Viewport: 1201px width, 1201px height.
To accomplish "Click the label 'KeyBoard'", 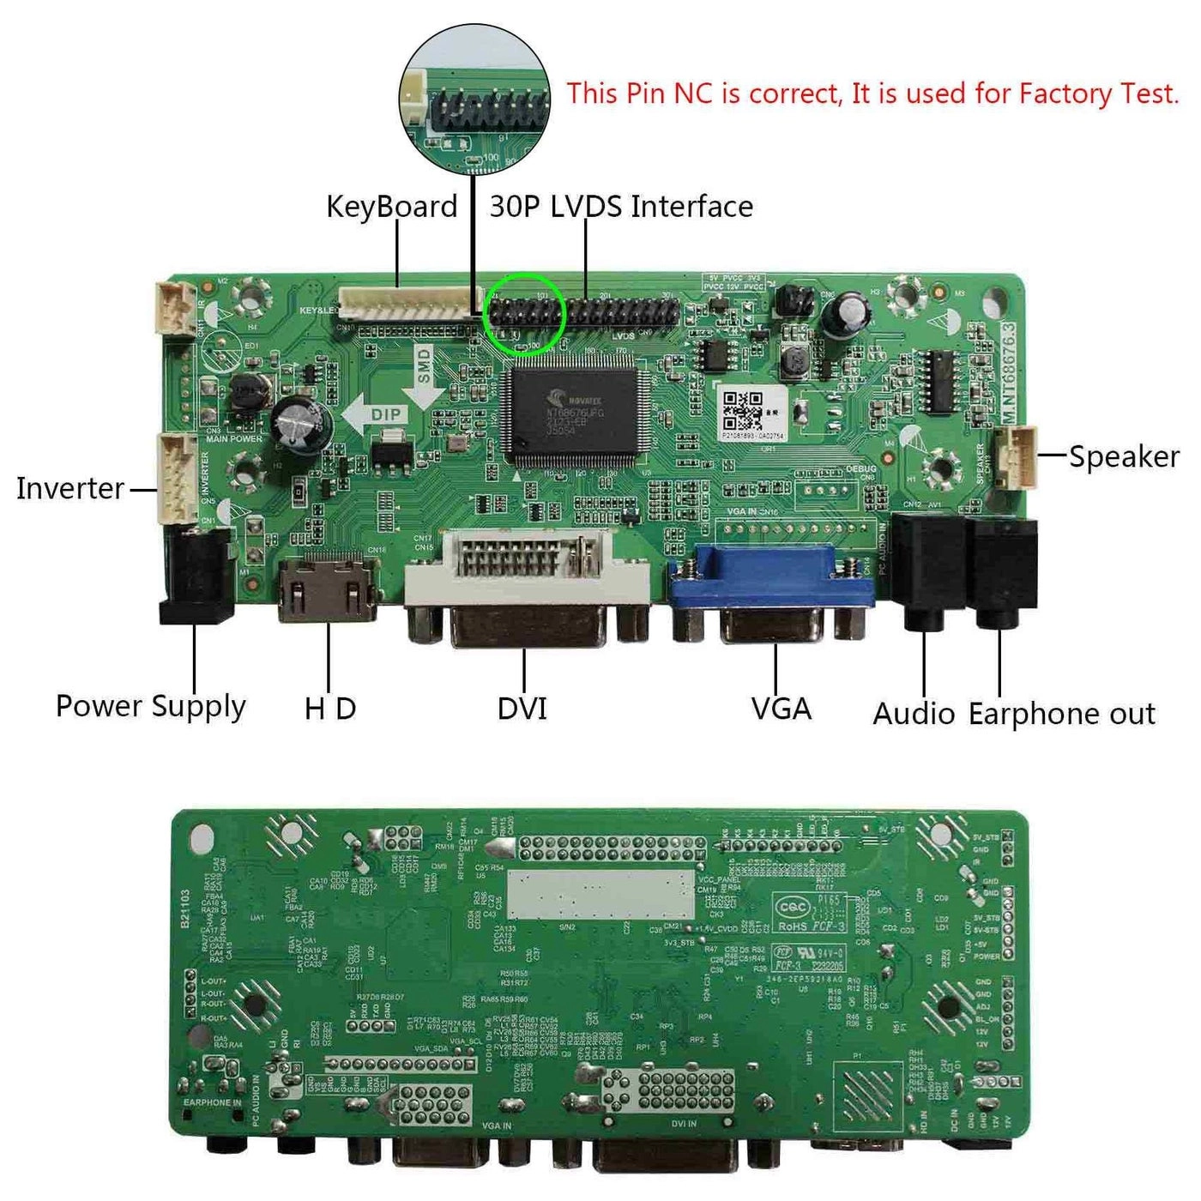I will pyautogui.click(x=391, y=207).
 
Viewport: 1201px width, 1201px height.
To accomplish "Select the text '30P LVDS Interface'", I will pyautogui.click(x=621, y=207).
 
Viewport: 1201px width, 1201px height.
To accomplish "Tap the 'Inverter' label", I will pyautogui.click(x=70, y=488).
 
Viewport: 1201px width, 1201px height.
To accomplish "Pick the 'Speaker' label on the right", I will pyautogui.click(x=1124, y=456).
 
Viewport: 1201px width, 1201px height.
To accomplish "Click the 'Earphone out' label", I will pyautogui.click(x=1062, y=714).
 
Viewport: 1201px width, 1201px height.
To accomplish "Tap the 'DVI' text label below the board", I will pyautogui.click(x=522, y=709).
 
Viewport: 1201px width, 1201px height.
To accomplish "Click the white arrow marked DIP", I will pyautogui.click(x=373, y=416).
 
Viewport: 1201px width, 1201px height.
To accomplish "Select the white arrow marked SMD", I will pyautogui.click(x=424, y=376).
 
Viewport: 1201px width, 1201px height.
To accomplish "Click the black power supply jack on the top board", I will pyautogui.click(x=197, y=575).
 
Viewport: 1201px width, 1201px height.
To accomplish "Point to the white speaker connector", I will pyautogui.click(x=1016, y=456).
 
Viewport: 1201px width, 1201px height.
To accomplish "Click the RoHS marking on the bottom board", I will pyautogui.click(x=794, y=926).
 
